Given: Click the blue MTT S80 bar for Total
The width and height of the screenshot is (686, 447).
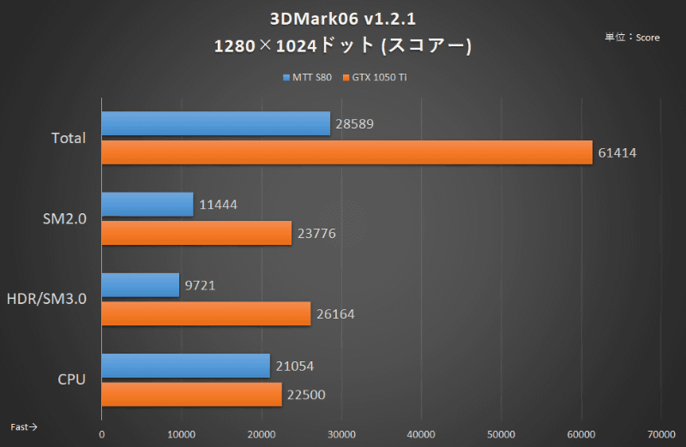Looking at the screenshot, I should (x=216, y=123).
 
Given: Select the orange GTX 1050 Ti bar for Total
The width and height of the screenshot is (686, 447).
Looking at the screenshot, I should (x=347, y=152).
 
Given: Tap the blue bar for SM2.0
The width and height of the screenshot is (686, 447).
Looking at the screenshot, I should (x=147, y=204).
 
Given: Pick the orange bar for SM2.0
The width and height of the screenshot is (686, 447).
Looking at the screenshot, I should (x=196, y=233).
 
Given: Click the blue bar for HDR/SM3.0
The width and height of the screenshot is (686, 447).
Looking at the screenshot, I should (x=141, y=285).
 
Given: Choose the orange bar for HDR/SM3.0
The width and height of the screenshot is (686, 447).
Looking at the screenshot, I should (x=206, y=313).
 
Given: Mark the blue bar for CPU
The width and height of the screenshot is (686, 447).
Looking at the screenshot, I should (x=186, y=366).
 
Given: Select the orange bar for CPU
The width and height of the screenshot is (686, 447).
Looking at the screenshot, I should (x=192, y=394).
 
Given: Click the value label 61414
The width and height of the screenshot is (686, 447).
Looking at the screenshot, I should (x=617, y=152).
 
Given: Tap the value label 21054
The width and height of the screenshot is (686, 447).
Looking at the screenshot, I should (x=296, y=366).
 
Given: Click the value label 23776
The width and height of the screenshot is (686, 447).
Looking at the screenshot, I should (x=316, y=233).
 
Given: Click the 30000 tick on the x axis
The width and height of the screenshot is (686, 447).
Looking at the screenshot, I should (x=341, y=434).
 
